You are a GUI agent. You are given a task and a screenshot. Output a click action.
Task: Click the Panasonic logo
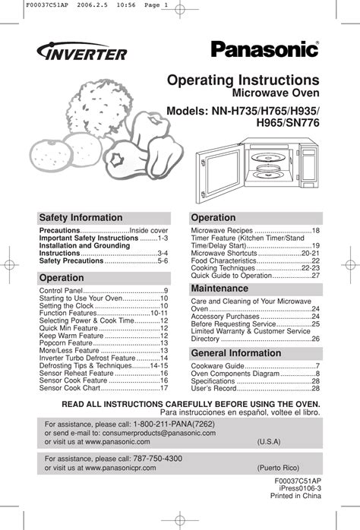264,49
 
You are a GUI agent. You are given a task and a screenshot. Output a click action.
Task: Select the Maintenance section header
219,289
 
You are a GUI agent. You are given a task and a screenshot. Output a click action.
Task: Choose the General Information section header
235,353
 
